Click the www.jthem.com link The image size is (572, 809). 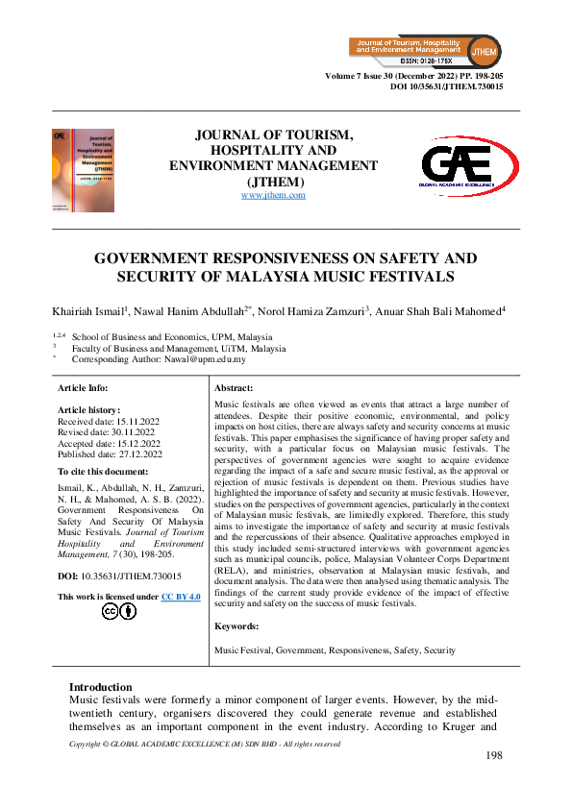tap(273, 195)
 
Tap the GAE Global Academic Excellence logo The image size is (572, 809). tap(458, 166)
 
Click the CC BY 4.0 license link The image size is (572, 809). tap(181, 597)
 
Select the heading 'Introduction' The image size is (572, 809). tap(100, 687)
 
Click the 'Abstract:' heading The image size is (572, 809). tap(236, 388)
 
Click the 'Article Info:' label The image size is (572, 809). tap(84, 388)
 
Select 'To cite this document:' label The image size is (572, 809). tap(104, 472)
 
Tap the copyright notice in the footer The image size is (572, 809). tap(205, 744)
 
